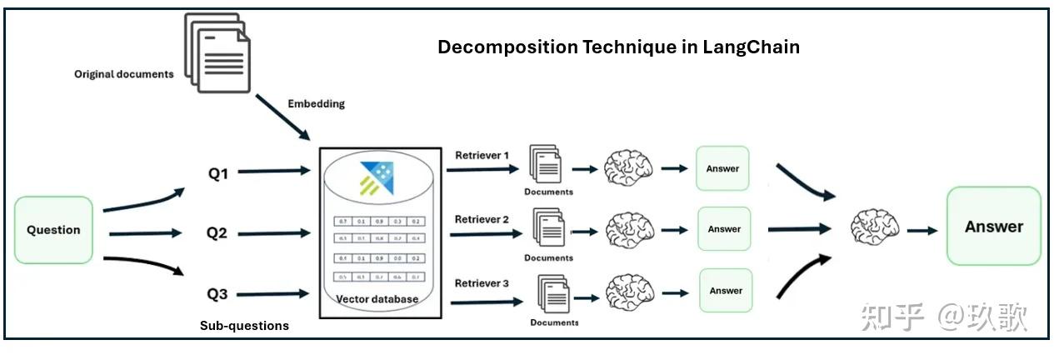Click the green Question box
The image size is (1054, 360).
[x=54, y=230]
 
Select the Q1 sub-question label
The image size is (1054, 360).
[x=218, y=174]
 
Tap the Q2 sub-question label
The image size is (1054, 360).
[x=217, y=233]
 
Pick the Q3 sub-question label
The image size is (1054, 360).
[x=217, y=293]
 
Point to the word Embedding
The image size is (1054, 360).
[x=316, y=104]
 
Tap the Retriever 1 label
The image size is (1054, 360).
[x=482, y=156]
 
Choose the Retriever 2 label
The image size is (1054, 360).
[x=482, y=219]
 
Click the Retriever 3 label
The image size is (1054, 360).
[x=482, y=283]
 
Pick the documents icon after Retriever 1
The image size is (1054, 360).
[x=546, y=165]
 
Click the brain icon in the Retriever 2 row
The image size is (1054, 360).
[x=629, y=228]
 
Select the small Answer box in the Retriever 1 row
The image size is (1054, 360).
[x=722, y=168]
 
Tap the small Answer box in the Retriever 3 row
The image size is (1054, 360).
[x=726, y=291]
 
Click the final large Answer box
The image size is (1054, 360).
[x=993, y=226]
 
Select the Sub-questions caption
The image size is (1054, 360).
[x=244, y=326]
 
